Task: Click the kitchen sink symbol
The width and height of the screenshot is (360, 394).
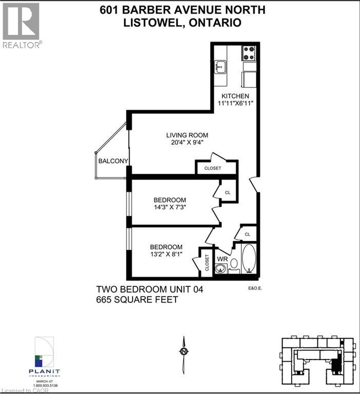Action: pos(221,66)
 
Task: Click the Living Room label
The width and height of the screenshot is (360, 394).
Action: pos(187,135)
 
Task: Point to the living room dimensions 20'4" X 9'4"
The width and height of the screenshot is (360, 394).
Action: pos(187,143)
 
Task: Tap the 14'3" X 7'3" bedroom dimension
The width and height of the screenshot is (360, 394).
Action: pos(169,208)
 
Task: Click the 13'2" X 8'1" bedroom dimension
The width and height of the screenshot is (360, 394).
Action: pos(165,255)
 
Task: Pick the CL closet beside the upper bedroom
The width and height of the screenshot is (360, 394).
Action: pos(228,192)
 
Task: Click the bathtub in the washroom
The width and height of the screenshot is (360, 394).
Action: pos(249,258)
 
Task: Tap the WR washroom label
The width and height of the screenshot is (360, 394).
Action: pos(222,259)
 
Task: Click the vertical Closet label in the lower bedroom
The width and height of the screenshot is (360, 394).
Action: pos(207,262)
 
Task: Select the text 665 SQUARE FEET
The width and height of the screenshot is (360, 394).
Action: pos(137,300)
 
